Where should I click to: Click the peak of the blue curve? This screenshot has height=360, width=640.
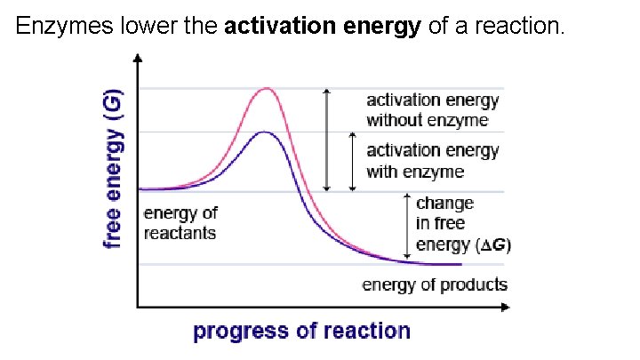[x=264, y=132]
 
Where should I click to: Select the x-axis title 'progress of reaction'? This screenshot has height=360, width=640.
[x=302, y=332]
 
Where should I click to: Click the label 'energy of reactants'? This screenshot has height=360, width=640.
[x=180, y=223]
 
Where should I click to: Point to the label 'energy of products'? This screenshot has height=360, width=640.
[x=435, y=284]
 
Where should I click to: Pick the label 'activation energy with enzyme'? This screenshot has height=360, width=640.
[x=433, y=160]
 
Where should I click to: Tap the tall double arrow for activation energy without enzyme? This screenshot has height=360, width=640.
[x=326, y=140]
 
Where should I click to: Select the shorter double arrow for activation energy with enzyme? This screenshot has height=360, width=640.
[x=353, y=162]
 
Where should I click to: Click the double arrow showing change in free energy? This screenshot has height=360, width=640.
[x=407, y=228]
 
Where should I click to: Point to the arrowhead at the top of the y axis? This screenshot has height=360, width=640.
[x=137, y=58]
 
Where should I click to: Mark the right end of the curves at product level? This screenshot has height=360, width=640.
[x=460, y=264]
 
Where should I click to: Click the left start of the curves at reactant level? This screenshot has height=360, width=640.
[x=141, y=189]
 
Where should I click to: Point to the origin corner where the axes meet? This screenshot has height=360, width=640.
[x=137, y=308]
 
